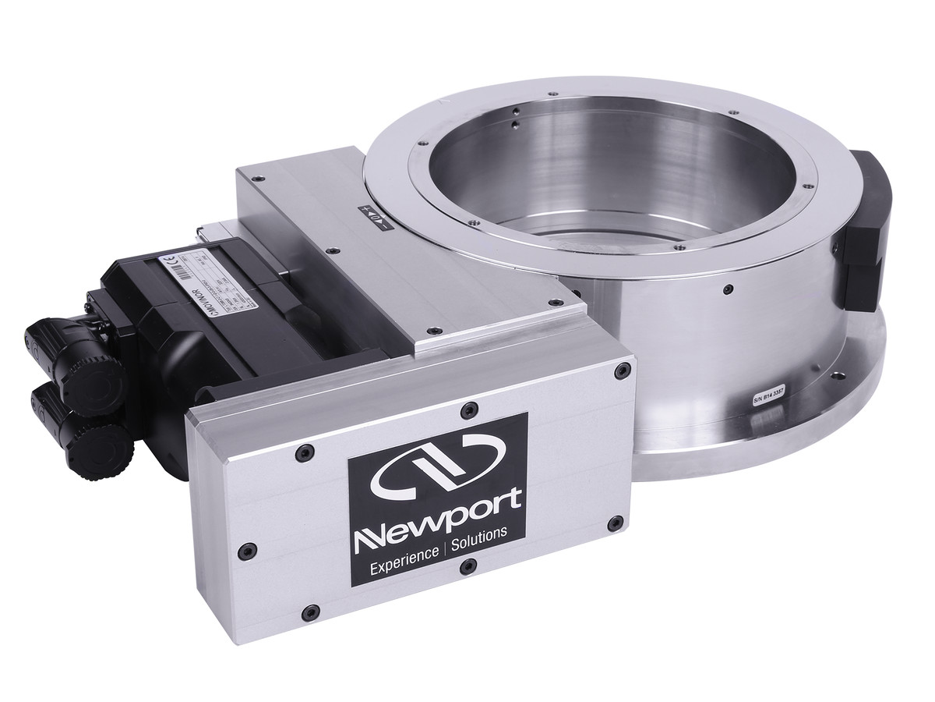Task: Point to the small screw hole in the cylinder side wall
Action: coord(727,289)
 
